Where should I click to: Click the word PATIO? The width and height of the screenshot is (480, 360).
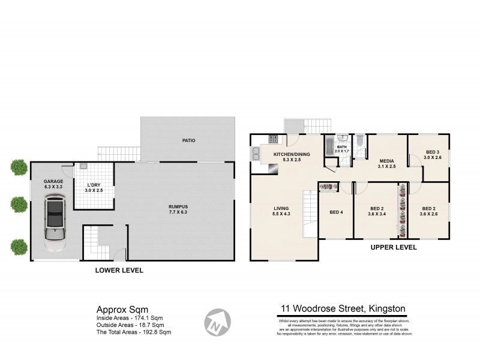pos(189,140)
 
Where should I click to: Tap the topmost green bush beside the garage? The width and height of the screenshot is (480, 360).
pos(19,167)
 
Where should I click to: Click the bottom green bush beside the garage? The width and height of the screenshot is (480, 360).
pos(19,246)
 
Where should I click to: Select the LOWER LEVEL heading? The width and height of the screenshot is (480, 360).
pos(119,271)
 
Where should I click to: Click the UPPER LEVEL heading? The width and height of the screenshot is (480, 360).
pos(394,247)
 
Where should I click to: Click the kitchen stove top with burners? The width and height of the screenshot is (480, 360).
pos(273,139)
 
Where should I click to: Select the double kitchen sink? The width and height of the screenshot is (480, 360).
pos(255,153)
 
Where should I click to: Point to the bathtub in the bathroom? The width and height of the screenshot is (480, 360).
pos(328,146)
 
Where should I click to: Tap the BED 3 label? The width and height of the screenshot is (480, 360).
pos(433,155)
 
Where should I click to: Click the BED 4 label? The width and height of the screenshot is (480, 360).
pos(336,212)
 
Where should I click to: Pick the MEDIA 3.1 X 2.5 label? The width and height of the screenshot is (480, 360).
pos(387,164)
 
